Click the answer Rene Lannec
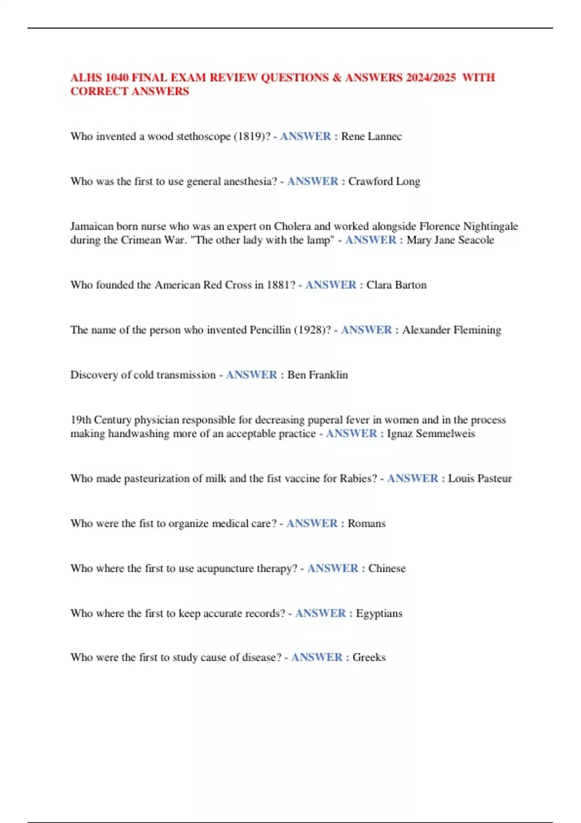371,137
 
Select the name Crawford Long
384,182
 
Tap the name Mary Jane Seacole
450,240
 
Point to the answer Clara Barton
396,285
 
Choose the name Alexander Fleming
451,330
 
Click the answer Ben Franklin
317,375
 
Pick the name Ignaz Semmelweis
430,434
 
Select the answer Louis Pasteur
479,479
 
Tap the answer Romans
367,524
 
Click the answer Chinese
387,568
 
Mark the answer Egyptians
379,613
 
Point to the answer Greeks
369,657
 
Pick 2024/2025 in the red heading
431,77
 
